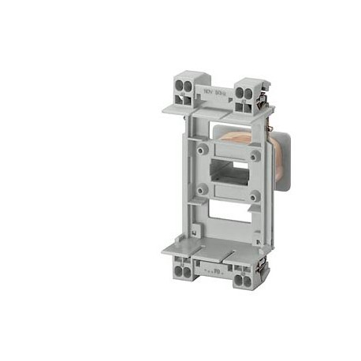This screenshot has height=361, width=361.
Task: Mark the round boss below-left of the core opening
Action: tap(203, 188)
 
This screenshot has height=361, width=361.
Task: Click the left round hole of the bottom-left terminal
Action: tap(175, 268)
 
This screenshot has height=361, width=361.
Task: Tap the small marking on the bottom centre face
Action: tap(214, 268)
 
